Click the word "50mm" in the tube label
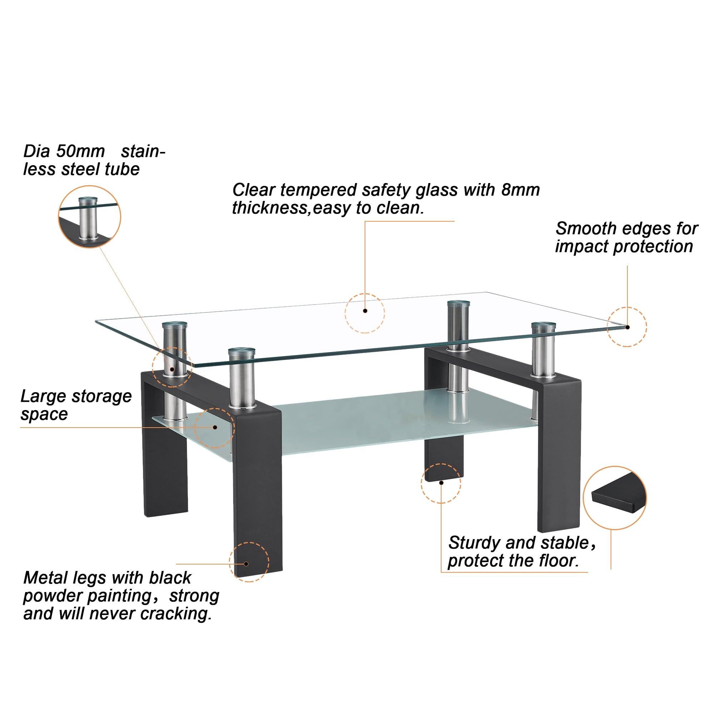80,151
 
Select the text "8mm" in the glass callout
520,190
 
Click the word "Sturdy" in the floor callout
474,543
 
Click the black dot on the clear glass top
365,311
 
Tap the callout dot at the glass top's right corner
627,327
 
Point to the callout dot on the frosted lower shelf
215,428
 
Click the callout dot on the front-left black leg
246,564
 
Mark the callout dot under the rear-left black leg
441,483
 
